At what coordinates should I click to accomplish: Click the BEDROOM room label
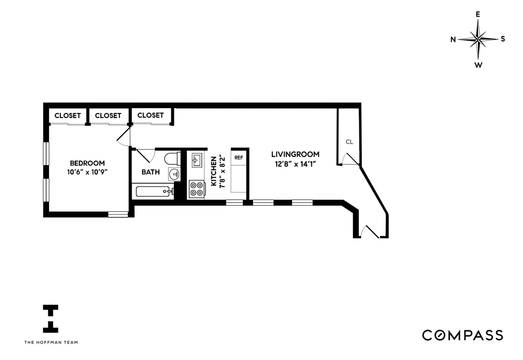pos(87,163)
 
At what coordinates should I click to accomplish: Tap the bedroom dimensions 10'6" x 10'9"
pos(87,172)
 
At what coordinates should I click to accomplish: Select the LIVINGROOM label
pos(295,154)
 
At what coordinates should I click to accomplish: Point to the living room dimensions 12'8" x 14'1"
pos(295,163)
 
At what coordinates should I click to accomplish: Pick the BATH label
pos(151,172)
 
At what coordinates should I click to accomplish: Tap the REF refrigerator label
pos(238,157)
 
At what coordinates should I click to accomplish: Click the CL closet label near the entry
pos(350,142)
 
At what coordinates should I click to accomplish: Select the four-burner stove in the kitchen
pos(197,189)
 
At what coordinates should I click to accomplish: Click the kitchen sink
pos(197,161)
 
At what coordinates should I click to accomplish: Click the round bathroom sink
pos(174,174)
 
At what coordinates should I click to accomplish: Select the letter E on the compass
pos(478,14)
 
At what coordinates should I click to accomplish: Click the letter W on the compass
pos(479,65)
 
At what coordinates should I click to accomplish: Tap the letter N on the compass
pos(453,40)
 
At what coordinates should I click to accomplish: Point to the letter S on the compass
pos(503,39)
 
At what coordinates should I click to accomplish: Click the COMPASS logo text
pos(462,335)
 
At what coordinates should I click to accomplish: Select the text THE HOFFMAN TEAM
pos(51,342)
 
